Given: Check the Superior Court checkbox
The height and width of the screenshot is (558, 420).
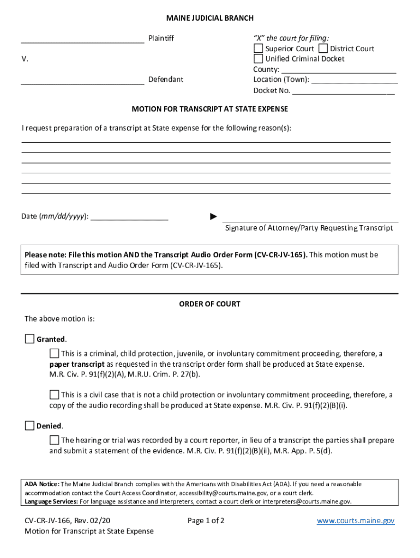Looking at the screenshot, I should [258, 48].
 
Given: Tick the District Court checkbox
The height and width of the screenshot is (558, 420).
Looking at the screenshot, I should [323, 48].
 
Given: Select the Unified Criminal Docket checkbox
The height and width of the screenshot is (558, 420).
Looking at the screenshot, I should [258, 58].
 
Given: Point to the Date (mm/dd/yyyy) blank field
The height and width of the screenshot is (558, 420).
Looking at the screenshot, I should [129, 217].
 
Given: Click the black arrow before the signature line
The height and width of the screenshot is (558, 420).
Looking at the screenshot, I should [214, 217].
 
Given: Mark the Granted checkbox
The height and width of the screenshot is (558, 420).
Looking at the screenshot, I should [29, 339].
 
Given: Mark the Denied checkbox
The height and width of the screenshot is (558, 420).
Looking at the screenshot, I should [29, 426].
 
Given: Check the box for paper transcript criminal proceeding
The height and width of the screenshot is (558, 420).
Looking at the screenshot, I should [54, 354].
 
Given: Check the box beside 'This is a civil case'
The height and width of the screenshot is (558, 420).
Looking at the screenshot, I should [54, 395].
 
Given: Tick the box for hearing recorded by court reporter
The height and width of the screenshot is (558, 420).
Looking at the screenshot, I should [54, 440].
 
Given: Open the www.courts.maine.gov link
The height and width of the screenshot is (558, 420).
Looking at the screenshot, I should [355, 521].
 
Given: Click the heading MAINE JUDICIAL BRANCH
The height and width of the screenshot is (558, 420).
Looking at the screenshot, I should [210, 19].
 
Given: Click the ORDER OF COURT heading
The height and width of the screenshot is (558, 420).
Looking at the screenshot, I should [209, 304].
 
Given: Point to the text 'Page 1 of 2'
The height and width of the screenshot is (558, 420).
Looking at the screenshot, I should [206, 521].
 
